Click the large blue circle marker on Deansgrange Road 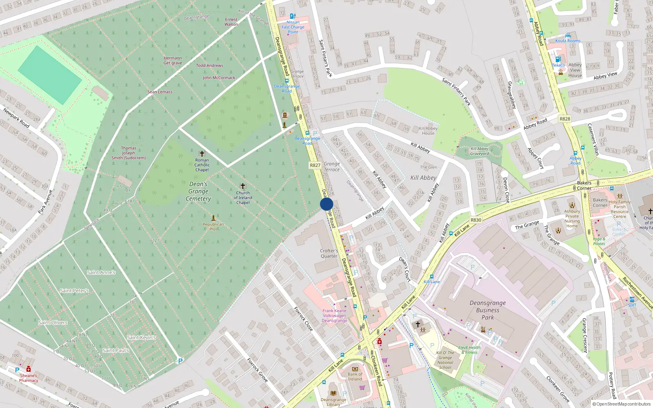[326, 204]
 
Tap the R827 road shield [315, 165]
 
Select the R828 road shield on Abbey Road [565, 119]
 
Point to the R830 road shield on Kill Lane [476, 220]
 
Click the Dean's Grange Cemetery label [198, 191]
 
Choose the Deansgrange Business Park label [487, 310]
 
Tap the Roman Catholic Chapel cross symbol [202, 154]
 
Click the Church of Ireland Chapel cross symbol [243, 186]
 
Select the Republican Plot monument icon [213, 218]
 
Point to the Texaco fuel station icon [558, 59]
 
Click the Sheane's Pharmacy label [29, 378]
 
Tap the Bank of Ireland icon [355, 369]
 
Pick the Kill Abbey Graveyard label [480, 151]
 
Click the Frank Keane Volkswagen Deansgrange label [334, 315]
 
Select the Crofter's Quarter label [329, 253]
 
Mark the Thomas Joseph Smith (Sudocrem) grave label [129, 153]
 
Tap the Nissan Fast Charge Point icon [293, 16]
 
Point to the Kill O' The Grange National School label [445, 360]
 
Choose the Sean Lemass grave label [160, 92]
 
